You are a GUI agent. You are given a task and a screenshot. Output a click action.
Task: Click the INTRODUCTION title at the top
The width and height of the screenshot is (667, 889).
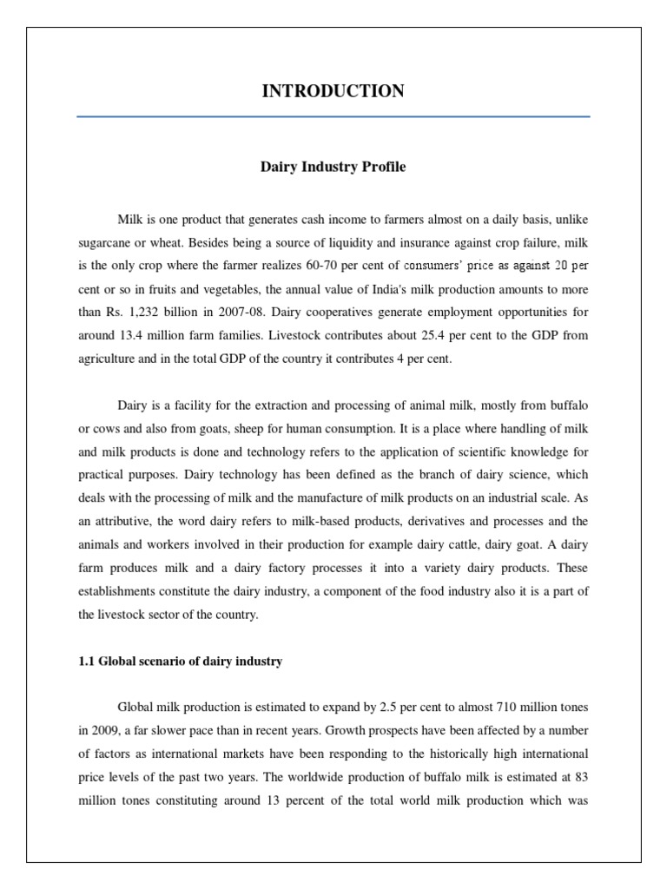pyautogui.click(x=333, y=91)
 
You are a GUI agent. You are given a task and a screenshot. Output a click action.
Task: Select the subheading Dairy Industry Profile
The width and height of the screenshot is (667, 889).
pyautogui.click(x=333, y=167)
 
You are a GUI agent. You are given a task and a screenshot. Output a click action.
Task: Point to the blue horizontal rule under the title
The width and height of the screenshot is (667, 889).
pyautogui.click(x=333, y=116)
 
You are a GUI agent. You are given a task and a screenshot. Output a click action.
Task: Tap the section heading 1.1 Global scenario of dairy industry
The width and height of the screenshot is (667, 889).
pyautogui.click(x=181, y=662)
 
